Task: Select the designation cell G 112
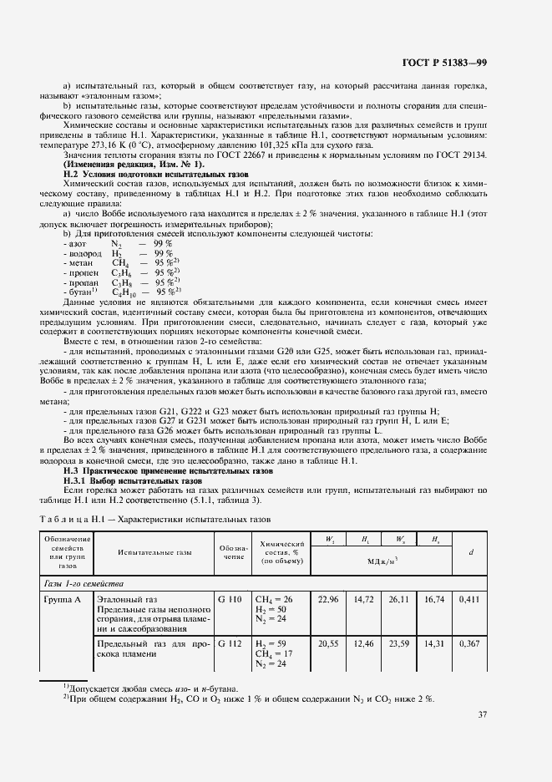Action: [230, 644]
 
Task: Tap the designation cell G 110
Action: [230, 599]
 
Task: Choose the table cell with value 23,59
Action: [401, 644]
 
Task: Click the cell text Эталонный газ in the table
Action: [127, 599]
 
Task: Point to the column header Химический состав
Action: [278, 551]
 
